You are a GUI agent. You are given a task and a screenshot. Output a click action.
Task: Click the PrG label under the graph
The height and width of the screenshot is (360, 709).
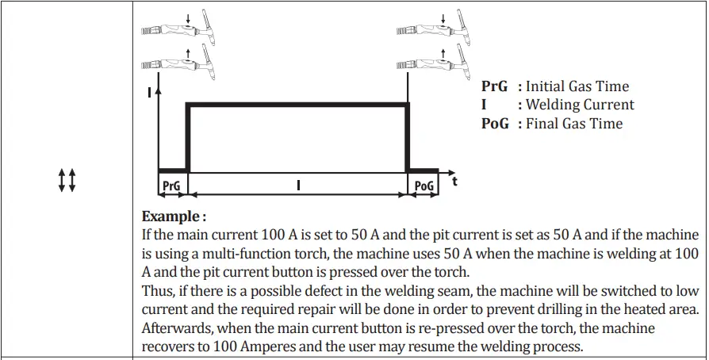coord(171,186)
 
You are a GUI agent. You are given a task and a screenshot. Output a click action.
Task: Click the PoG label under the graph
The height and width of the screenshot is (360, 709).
coord(423,186)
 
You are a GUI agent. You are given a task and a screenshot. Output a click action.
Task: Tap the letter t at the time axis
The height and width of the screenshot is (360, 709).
coord(454,182)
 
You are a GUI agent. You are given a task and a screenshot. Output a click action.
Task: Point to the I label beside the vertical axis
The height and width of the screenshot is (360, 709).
coord(149,93)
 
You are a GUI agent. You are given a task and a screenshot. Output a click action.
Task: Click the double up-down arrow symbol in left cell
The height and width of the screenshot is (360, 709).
coord(67,180)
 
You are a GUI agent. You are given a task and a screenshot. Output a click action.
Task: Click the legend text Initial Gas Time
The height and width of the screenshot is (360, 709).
coord(577,86)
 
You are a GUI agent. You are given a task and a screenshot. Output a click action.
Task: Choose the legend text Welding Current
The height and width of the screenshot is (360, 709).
coord(580,105)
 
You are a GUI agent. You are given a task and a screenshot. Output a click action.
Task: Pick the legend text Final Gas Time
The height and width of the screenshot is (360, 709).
coord(574,124)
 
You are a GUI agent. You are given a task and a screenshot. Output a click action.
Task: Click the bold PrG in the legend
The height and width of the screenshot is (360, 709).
coord(494,86)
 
